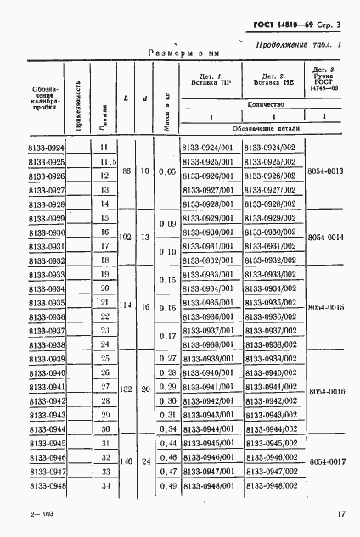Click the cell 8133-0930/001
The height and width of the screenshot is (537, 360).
coord(208,232)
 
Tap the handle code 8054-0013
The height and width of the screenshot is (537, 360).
coord(326,171)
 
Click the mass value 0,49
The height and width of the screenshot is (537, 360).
coord(168,485)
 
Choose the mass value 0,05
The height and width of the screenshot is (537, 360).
coord(168,171)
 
